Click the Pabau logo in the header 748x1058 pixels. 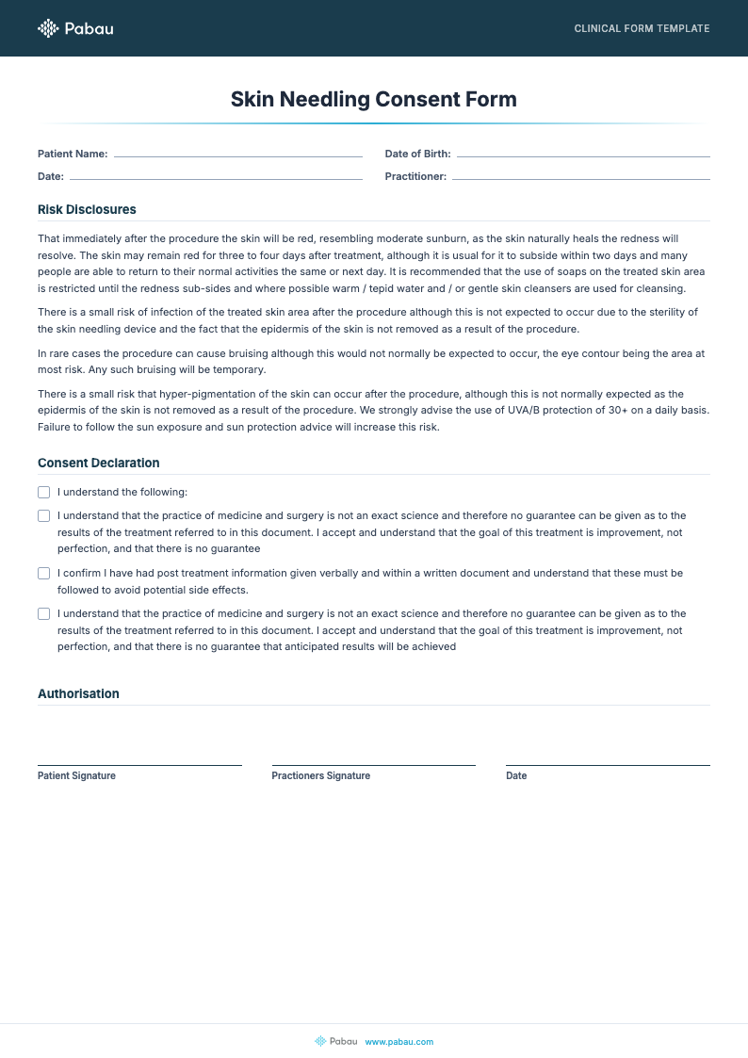point(75,28)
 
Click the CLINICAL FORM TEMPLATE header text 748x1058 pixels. point(642,28)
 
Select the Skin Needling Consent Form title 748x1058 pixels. point(374,99)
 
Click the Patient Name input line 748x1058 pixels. point(237,154)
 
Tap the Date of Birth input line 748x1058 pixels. point(582,154)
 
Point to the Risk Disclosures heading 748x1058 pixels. point(87,209)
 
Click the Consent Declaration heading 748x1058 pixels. point(99,463)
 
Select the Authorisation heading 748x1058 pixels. point(78,693)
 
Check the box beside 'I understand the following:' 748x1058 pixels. point(43,492)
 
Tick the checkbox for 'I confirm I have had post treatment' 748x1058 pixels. point(43,573)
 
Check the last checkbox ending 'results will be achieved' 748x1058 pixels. point(43,613)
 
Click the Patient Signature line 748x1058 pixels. point(139,763)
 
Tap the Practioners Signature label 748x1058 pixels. point(320,776)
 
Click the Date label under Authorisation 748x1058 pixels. point(516,776)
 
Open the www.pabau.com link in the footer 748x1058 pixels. point(398,1041)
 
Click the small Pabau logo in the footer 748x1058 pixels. point(336,1041)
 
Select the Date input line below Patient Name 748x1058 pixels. point(216,176)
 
